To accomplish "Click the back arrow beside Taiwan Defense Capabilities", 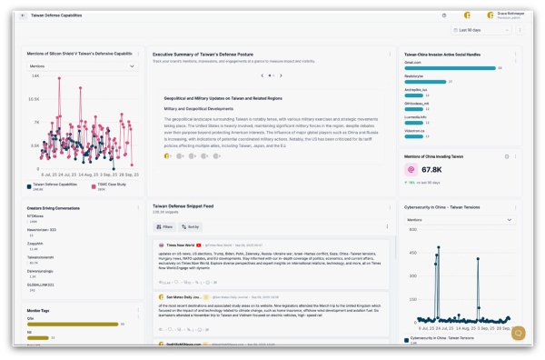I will pos(25,15).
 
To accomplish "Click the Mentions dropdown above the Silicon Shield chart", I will pos(82,66).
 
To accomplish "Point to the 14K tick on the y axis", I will pos(34,77).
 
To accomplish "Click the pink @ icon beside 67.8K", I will pos(411,169).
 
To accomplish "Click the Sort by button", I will pos(190,226).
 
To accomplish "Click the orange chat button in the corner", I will pos(519,333).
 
